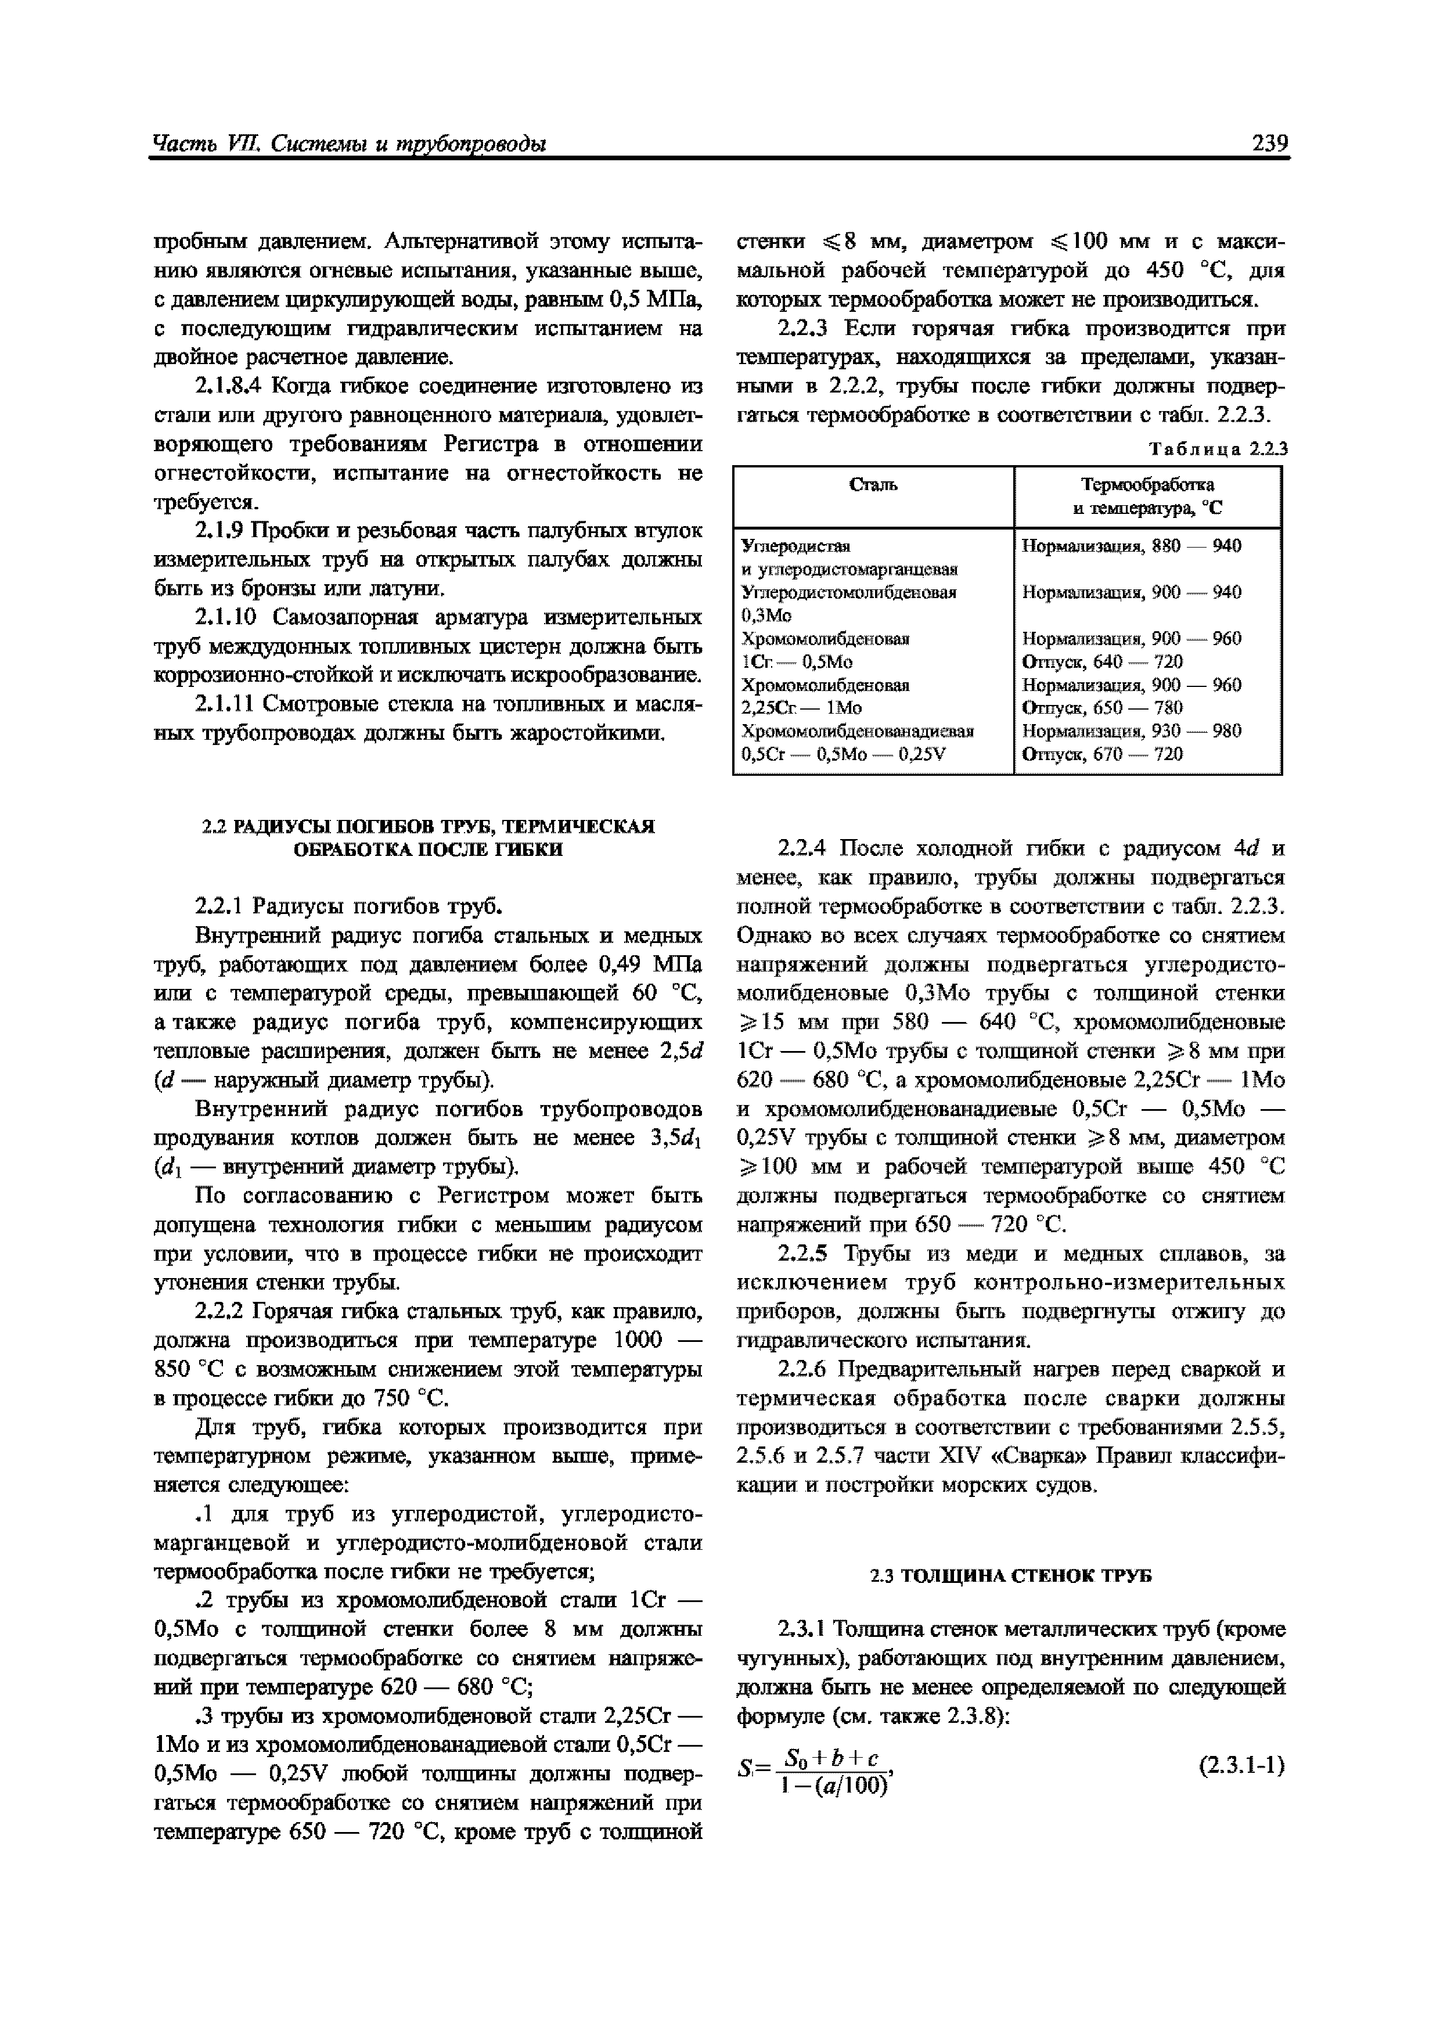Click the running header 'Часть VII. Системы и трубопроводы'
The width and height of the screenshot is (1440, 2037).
[x=349, y=144]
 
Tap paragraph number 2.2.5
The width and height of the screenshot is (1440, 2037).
[x=802, y=1254]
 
